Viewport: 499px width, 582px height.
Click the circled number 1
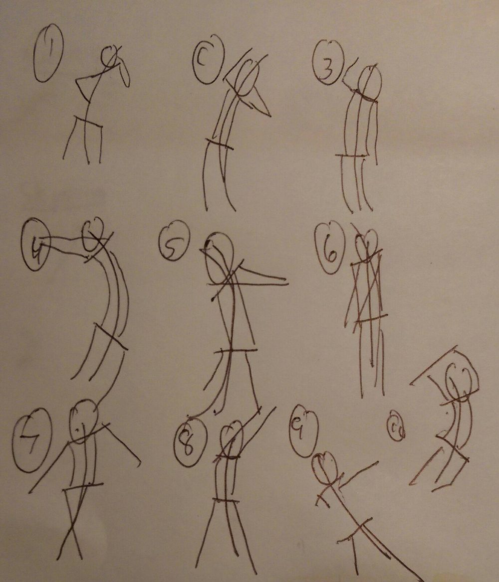click(48, 53)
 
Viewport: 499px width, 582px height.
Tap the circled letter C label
click(208, 59)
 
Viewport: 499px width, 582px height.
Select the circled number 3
click(328, 63)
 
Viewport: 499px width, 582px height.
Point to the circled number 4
click(36, 244)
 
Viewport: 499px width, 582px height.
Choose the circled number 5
click(173, 241)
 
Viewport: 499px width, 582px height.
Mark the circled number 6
click(330, 248)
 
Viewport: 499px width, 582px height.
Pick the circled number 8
click(190, 442)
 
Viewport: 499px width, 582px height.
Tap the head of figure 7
click(83, 421)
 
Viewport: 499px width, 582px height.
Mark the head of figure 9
click(325, 468)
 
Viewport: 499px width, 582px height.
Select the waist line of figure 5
click(236, 351)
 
